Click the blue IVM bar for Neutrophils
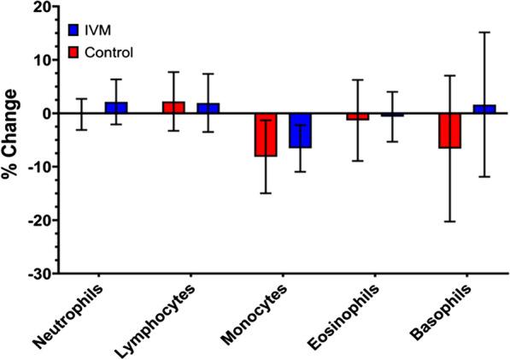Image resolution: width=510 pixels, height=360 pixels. [117, 108]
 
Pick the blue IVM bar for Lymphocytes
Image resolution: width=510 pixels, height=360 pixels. [208, 109]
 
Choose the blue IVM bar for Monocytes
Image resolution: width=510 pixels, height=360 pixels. [300, 130]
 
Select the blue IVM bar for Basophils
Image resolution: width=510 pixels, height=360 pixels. [484, 109]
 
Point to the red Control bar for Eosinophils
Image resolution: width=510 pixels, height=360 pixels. [358, 116]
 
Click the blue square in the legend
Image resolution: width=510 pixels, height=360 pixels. [73, 32]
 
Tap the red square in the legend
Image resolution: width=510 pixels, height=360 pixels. [73, 53]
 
